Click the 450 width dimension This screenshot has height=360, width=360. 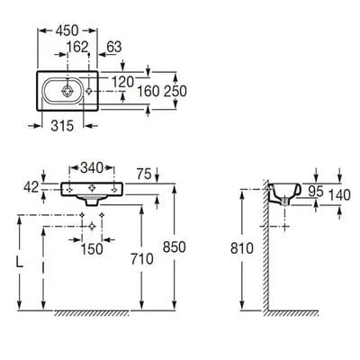coord(67,31)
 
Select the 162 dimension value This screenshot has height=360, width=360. coord(77,47)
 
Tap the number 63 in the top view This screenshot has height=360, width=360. coord(114,47)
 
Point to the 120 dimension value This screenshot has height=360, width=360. coord(122,82)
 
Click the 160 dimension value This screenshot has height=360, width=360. coord(148,92)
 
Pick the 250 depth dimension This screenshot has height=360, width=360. coord(175,92)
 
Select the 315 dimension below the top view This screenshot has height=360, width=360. coord(62,126)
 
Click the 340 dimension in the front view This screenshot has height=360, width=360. coord(92,168)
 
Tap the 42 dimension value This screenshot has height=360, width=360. coord(31,188)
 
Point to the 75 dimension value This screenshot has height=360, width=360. coord(144,174)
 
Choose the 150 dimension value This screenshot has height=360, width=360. coord(92,249)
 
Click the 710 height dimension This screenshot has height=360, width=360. coord(141,259)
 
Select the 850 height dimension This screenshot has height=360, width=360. coord(175,247)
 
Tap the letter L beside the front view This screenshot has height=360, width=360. coord(20,263)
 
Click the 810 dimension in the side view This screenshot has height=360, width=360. coord(242,248)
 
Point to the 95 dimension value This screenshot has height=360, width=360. coord(316,192)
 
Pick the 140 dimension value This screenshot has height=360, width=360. coord(339,195)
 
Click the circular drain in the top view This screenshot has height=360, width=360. coord(67,91)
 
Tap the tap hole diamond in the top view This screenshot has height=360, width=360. coord(89,91)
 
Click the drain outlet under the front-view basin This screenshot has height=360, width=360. coord(92,202)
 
